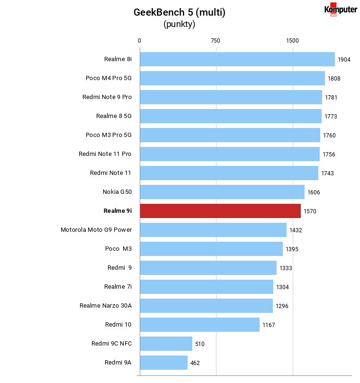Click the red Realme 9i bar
pyautogui.click(x=220, y=211)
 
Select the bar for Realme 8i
pyautogui.click(x=237, y=59)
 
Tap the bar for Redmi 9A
pyautogui.click(x=164, y=363)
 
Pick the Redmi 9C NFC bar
pyautogui.click(x=166, y=344)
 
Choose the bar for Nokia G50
pyautogui.click(x=222, y=192)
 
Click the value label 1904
pyautogui.click(x=344, y=60)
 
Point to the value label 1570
pyautogui.click(x=310, y=211)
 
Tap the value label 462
pyautogui.click(x=195, y=363)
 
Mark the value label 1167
pyautogui.click(x=269, y=325)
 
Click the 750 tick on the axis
pyautogui.click(x=215, y=41)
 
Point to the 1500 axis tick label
pyautogui.click(x=292, y=41)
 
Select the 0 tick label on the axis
pyautogui.click(x=139, y=41)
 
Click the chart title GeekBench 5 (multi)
pyautogui.click(x=180, y=12)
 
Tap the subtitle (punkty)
pyautogui.click(x=180, y=24)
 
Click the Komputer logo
pyautogui.click(x=341, y=9)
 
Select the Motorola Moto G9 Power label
pyautogui.click(x=96, y=230)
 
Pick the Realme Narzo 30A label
pyautogui.click(x=106, y=306)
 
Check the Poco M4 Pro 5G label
pyautogui.click(x=108, y=78)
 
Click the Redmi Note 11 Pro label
pyautogui.click(x=105, y=154)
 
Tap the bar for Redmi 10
pyautogui.click(x=199, y=325)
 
